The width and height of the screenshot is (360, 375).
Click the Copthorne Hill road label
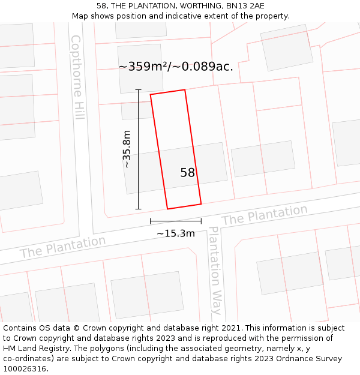point(77,77)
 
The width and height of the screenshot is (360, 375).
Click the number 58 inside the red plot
point(187,173)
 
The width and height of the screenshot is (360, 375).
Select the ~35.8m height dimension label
point(127,149)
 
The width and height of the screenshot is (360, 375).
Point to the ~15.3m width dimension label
point(176,233)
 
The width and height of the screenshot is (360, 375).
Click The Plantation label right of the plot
point(264,215)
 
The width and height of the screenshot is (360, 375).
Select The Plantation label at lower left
point(62,247)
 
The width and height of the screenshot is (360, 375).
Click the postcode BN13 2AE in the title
point(247,5)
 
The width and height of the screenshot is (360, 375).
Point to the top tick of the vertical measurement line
point(138,90)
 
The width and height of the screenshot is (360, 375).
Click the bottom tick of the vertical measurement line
point(138,209)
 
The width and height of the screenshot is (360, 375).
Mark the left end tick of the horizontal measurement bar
point(150,221)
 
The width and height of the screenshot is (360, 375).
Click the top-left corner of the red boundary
point(150,95)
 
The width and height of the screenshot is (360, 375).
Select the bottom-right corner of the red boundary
point(201,204)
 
